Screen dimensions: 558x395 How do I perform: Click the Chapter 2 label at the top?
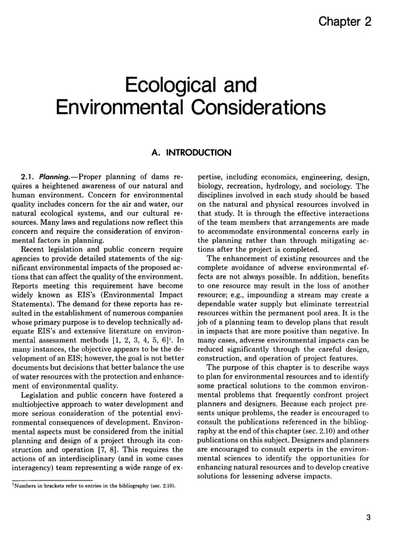(x=345, y=22)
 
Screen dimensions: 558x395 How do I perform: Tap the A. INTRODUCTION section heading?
(x=191, y=152)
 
